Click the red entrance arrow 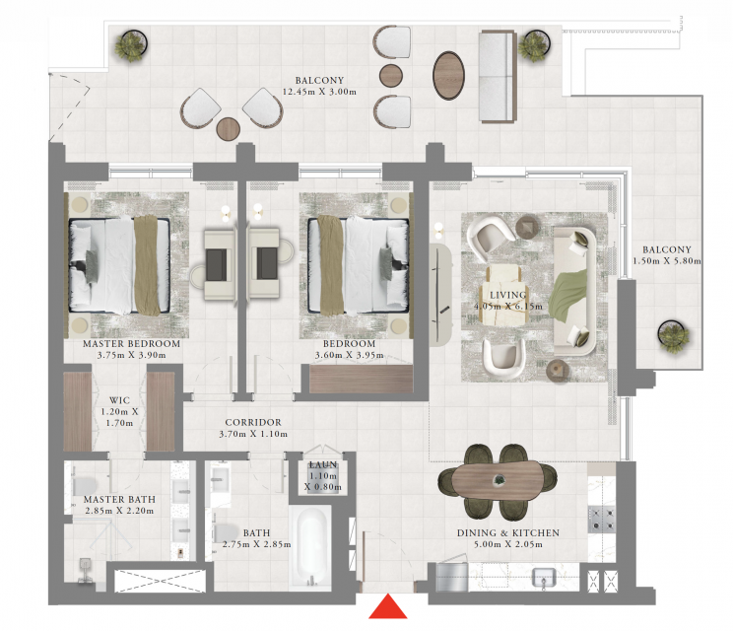click(387, 606)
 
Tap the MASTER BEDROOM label click(131, 344)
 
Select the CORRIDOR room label click(253, 422)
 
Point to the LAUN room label click(323, 465)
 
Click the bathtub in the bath click(311, 546)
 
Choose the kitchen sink click(545, 577)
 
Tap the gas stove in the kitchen click(601, 519)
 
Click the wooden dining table click(498, 480)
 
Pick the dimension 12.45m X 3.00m click(319, 92)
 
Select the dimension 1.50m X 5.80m click(667, 261)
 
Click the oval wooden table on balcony click(449, 75)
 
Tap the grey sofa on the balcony click(497, 76)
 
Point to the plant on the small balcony click(673, 336)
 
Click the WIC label click(119, 400)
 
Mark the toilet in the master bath click(84, 485)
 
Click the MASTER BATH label click(119, 500)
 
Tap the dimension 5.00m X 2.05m click(508, 544)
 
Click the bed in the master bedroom click(119, 265)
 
